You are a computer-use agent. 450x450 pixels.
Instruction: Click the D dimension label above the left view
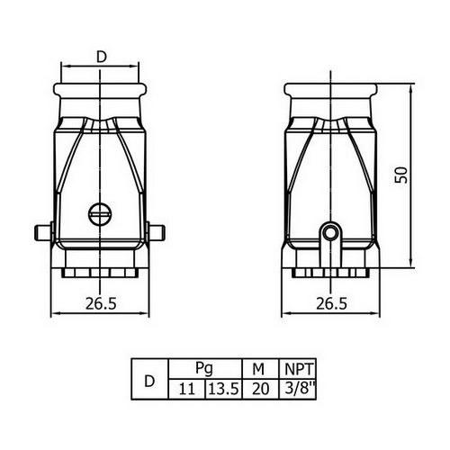click(x=102, y=57)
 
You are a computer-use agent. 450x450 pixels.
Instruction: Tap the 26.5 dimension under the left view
click(x=101, y=303)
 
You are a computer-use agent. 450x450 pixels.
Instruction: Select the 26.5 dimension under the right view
click(x=331, y=303)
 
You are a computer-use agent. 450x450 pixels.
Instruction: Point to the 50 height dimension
click(x=401, y=175)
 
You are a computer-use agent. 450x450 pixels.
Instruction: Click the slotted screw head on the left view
click(x=100, y=214)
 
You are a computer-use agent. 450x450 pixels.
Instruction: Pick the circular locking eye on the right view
click(x=330, y=232)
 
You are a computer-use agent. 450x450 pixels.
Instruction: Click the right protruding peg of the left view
click(x=156, y=231)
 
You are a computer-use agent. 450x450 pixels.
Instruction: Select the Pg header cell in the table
click(x=205, y=368)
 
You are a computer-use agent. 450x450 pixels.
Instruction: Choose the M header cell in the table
click(x=260, y=368)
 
